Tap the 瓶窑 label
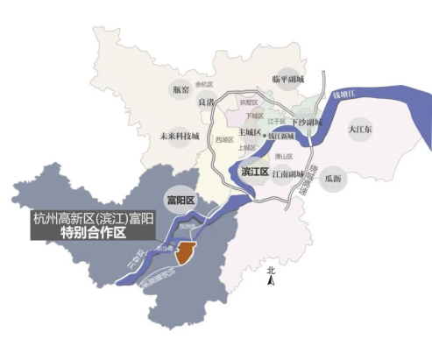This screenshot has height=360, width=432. pyautogui.click(x=181, y=89)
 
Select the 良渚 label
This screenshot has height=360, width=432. pyautogui.click(x=206, y=102)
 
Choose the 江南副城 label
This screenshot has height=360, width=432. pyautogui.click(x=287, y=173)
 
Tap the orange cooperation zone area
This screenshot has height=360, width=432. pyautogui.click(x=185, y=254)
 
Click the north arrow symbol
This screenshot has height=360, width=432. pyautogui.click(x=272, y=279)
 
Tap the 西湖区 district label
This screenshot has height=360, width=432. pyautogui.click(x=223, y=139)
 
